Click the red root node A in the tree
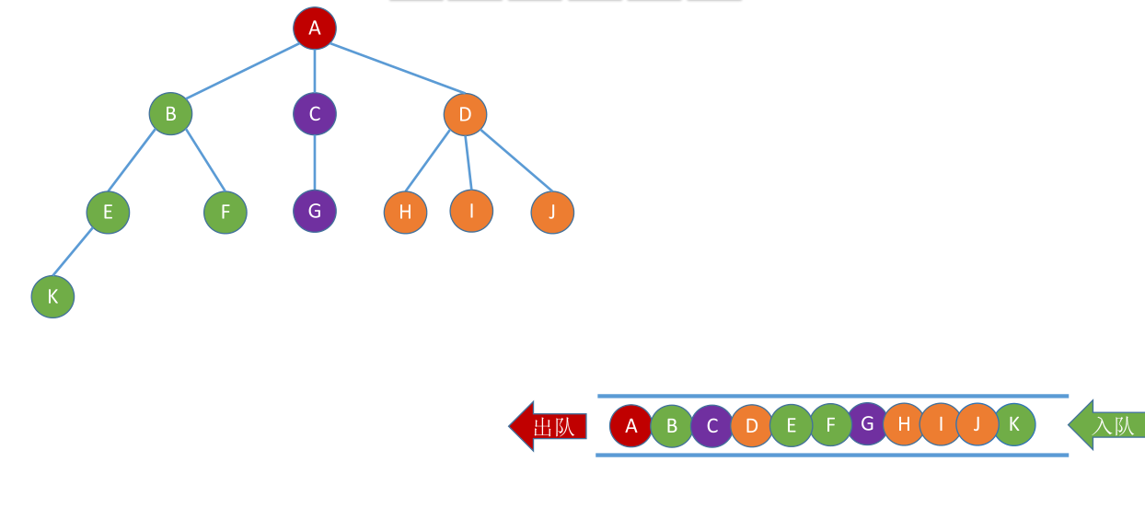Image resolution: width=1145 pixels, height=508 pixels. click(315, 28)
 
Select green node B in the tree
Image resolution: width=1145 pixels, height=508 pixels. click(170, 114)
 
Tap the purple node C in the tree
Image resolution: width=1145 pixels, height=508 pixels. click(315, 114)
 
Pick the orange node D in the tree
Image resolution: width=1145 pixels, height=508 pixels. click(465, 114)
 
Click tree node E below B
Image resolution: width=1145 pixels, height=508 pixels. click(108, 213)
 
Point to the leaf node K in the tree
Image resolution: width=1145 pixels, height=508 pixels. click(52, 297)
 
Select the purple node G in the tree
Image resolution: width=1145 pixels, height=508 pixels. click(315, 211)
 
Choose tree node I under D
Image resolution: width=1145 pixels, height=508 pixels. click(471, 211)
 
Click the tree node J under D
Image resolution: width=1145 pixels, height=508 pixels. click(552, 213)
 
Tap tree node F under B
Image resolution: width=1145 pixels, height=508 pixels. click(226, 213)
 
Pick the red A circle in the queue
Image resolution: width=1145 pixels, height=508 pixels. click(630, 426)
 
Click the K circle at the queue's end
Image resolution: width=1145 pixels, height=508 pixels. click(1014, 424)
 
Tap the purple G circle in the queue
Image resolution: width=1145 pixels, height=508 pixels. click(867, 424)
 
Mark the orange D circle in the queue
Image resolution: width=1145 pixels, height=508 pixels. click(752, 426)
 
